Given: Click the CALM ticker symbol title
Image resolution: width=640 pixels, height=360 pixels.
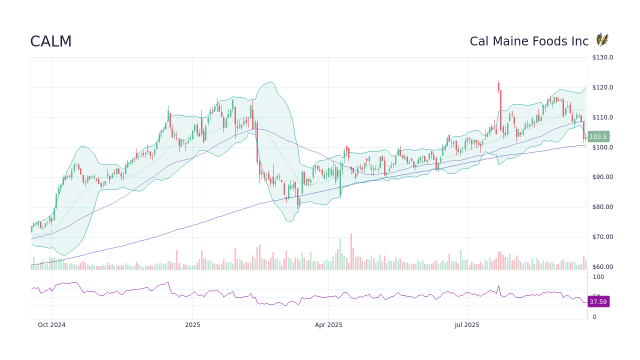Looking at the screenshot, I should click(x=51, y=41).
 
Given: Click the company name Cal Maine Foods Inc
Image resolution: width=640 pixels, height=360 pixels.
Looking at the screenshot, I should click(x=529, y=41).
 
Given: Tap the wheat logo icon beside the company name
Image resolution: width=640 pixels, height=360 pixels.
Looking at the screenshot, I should click(x=602, y=40).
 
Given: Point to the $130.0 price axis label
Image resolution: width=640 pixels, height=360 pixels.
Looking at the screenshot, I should click(x=602, y=57).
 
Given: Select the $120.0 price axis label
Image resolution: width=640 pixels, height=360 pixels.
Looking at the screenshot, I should click(x=602, y=87).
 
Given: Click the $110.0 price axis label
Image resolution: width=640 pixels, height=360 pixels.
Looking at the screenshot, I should click(x=602, y=117).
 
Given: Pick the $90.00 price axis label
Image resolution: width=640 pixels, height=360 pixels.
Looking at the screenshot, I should click(x=602, y=177).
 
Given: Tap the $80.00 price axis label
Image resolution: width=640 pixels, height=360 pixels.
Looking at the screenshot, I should click(x=602, y=207).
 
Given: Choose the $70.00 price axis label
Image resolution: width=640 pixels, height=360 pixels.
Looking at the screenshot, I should click(x=602, y=237).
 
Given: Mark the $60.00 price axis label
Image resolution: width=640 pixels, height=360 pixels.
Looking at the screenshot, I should click(x=602, y=267).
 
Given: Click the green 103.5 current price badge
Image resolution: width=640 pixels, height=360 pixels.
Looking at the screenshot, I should click(x=597, y=136).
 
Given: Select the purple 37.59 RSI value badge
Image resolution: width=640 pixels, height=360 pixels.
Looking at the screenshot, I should click(x=598, y=302).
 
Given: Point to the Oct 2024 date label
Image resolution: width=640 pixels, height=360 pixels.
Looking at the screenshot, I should click(x=51, y=325).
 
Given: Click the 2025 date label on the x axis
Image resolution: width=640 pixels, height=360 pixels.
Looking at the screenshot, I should click(x=192, y=325).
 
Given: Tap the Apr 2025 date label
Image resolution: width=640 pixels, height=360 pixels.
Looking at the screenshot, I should click(x=328, y=325).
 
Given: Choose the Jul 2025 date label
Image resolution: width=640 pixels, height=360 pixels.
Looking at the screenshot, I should click(x=467, y=325).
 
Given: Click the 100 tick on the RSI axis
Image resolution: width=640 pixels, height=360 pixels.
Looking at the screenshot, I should click(x=598, y=277).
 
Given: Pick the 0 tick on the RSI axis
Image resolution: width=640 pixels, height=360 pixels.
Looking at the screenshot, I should click(x=594, y=317).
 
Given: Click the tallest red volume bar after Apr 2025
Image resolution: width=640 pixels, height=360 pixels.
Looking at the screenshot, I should click(x=351, y=251).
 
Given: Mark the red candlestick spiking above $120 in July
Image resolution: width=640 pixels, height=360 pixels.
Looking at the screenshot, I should click(x=499, y=87).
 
